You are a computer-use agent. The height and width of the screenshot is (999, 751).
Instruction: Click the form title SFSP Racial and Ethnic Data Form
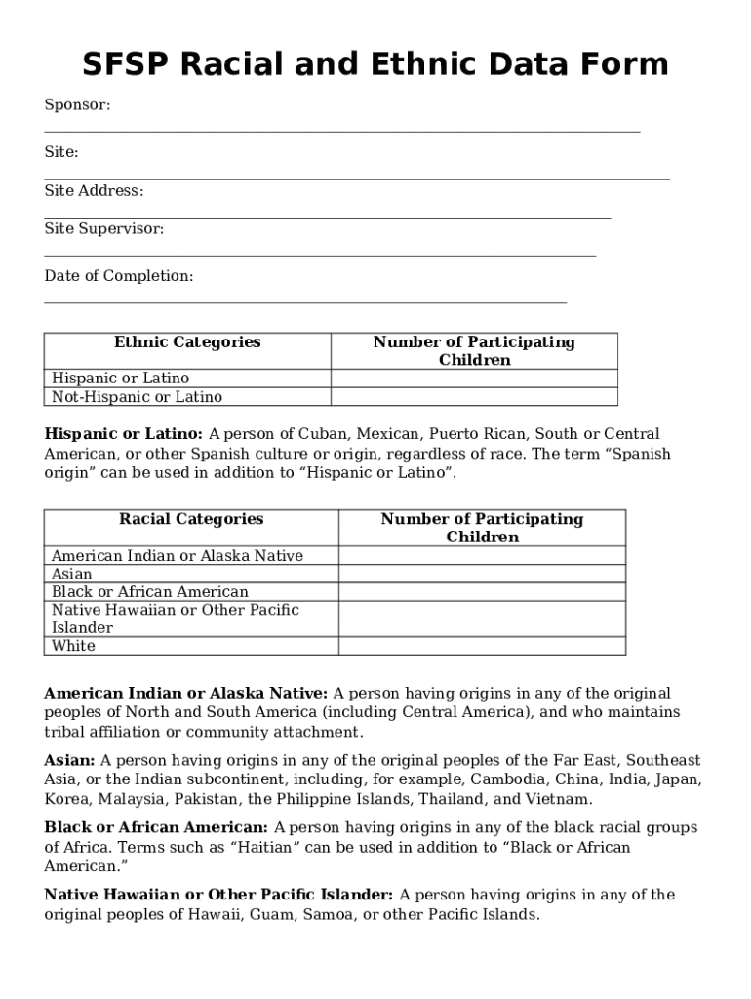pyautogui.click(x=375, y=65)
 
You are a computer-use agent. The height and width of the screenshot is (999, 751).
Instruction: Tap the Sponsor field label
pyautogui.click(x=77, y=104)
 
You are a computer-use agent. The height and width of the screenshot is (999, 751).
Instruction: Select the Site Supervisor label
pyautogui.click(x=103, y=228)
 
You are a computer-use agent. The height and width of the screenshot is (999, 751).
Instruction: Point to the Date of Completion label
pyautogui.click(x=118, y=276)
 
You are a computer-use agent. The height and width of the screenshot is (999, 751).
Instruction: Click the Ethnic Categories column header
pyautogui.click(x=187, y=342)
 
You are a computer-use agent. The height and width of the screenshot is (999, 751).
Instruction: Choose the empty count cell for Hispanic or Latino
pyautogui.click(x=474, y=379)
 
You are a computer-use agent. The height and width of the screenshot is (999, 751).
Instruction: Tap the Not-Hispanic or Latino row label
pyautogui.click(x=137, y=397)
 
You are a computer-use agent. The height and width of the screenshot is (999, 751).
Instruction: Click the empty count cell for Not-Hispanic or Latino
pyautogui.click(x=474, y=397)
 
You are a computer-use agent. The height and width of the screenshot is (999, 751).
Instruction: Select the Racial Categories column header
pyautogui.click(x=191, y=519)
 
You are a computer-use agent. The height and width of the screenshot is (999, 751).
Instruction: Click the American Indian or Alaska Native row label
pyautogui.click(x=177, y=556)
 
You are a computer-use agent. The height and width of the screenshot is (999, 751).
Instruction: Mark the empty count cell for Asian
pyautogui.click(x=482, y=575)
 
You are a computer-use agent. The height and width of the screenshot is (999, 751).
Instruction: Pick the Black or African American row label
pyautogui.click(x=149, y=592)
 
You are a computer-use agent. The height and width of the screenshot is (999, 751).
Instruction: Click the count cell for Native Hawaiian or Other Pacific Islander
pyautogui.click(x=482, y=619)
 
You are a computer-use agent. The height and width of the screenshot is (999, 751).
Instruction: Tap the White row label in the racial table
pyautogui.click(x=73, y=646)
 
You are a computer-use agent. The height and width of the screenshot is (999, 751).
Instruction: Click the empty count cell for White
pyautogui.click(x=482, y=646)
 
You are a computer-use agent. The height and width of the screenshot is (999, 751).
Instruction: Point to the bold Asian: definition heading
pyautogui.click(x=69, y=760)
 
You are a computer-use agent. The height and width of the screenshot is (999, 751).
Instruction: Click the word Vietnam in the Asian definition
pyautogui.click(x=559, y=799)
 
